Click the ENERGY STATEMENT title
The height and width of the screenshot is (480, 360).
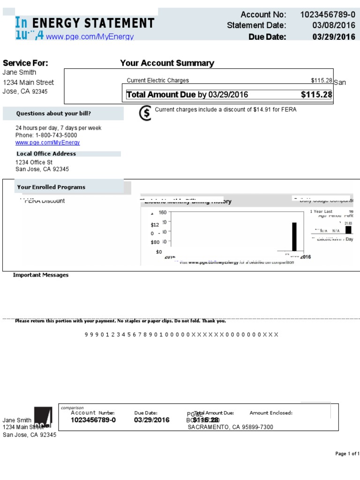click(93, 23)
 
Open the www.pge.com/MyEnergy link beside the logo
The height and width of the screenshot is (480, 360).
click(90, 37)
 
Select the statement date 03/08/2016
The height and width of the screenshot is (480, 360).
click(334, 25)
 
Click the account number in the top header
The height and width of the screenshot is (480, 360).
click(328, 15)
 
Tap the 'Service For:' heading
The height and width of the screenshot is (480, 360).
click(25, 63)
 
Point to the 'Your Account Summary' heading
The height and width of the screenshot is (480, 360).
click(167, 63)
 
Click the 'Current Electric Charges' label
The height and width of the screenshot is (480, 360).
click(158, 81)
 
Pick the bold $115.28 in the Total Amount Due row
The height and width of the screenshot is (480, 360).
click(316, 95)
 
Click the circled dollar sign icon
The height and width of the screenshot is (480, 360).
click(146, 113)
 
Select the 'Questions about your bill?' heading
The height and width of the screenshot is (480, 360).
click(53, 113)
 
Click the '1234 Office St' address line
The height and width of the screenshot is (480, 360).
click(34, 162)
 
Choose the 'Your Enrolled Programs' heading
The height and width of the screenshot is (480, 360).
click(51, 187)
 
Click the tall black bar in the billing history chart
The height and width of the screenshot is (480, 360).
click(294, 237)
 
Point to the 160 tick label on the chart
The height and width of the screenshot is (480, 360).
click(163, 212)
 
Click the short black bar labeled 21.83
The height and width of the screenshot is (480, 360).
click(348, 230)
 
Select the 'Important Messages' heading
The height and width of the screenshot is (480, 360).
click(41, 275)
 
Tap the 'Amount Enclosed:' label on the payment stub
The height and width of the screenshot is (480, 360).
click(271, 413)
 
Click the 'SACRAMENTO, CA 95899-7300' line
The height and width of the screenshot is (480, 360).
click(230, 427)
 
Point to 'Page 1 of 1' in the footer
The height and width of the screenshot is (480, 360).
click(347, 454)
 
